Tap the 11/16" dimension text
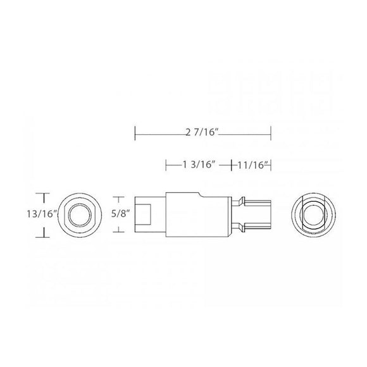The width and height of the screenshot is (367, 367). pyautogui.click(x=251, y=165)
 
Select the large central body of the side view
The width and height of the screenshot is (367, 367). pyautogui.click(x=196, y=215)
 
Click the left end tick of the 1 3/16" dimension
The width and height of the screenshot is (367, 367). pyautogui.click(x=166, y=165)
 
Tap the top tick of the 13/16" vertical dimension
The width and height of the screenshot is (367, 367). pyautogui.click(x=43, y=193)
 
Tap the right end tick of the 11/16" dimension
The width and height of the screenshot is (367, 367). pyautogui.click(x=271, y=165)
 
